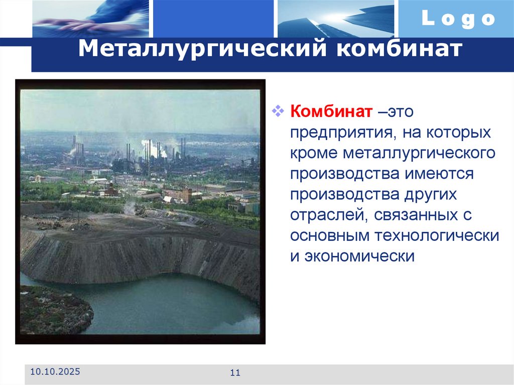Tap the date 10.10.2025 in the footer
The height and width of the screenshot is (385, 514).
(55, 372)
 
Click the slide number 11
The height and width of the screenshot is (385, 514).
(235, 372)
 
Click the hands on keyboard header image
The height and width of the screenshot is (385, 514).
(90, 19)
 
